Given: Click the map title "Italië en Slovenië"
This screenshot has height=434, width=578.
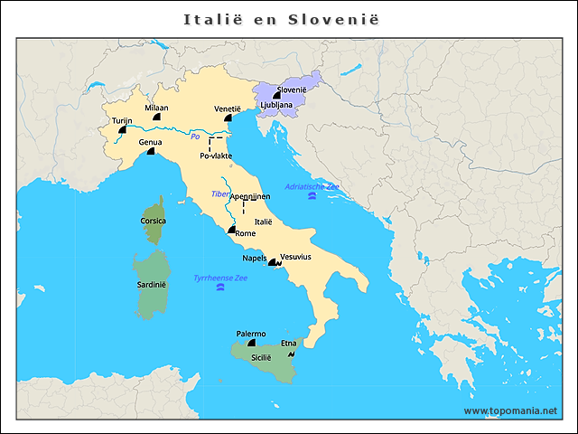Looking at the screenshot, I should (282, 19).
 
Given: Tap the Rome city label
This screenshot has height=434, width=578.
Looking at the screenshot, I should (245, 233).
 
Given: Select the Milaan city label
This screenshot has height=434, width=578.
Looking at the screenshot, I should (156, 108).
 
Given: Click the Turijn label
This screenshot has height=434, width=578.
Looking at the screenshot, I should (122, 120).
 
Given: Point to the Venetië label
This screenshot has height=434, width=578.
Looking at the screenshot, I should (228, 108).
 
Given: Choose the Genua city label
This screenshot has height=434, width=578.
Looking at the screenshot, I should (150, 143).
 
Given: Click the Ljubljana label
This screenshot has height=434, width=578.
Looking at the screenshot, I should (275, 105).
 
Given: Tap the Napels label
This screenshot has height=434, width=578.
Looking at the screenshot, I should (255, 258).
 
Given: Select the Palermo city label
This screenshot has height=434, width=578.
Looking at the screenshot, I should (250, 334).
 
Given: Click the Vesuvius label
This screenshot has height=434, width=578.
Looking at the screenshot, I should (296, 257).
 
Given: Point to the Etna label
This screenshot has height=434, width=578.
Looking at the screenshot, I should (289, 343).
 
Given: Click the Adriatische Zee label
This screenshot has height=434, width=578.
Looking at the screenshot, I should (312, 186).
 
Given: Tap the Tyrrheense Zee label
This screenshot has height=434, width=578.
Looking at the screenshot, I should (219, 278).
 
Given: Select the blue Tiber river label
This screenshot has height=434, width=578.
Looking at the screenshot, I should (219, 193).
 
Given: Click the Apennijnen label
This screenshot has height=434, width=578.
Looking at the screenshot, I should (249, 196).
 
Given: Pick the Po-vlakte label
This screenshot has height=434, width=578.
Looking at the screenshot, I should (215, 156).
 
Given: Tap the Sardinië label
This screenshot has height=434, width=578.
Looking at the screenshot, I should (152, 284).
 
